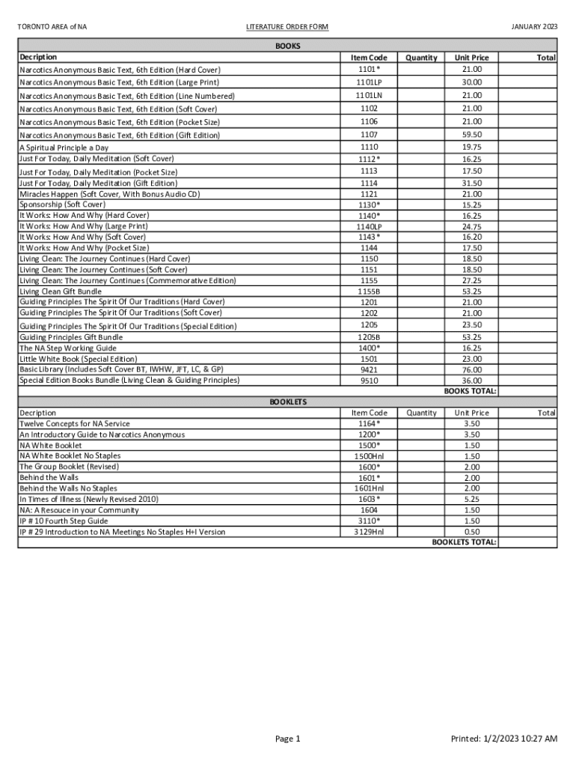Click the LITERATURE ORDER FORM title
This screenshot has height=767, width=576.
287,28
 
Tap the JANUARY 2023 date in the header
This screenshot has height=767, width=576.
534,28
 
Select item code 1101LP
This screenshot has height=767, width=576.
369,82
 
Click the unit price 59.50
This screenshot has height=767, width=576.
471,135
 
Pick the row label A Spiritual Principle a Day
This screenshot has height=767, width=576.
64,148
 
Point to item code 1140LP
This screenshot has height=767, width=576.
369,226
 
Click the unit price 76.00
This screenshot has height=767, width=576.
471,369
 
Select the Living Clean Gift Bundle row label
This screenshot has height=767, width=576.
61,291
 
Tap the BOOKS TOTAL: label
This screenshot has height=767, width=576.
470,391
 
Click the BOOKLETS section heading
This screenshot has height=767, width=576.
288,402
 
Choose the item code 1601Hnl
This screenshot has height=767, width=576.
369,488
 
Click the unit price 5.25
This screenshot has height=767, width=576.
471,499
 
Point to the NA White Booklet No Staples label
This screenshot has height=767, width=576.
70,455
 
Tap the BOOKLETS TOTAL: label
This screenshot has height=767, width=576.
464,542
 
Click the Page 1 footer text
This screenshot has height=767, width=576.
288,739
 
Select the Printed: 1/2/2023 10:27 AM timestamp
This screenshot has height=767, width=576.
503,739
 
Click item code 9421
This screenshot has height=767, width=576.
369,369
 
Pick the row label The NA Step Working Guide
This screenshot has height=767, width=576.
67,348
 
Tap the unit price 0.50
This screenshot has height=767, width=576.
471,532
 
